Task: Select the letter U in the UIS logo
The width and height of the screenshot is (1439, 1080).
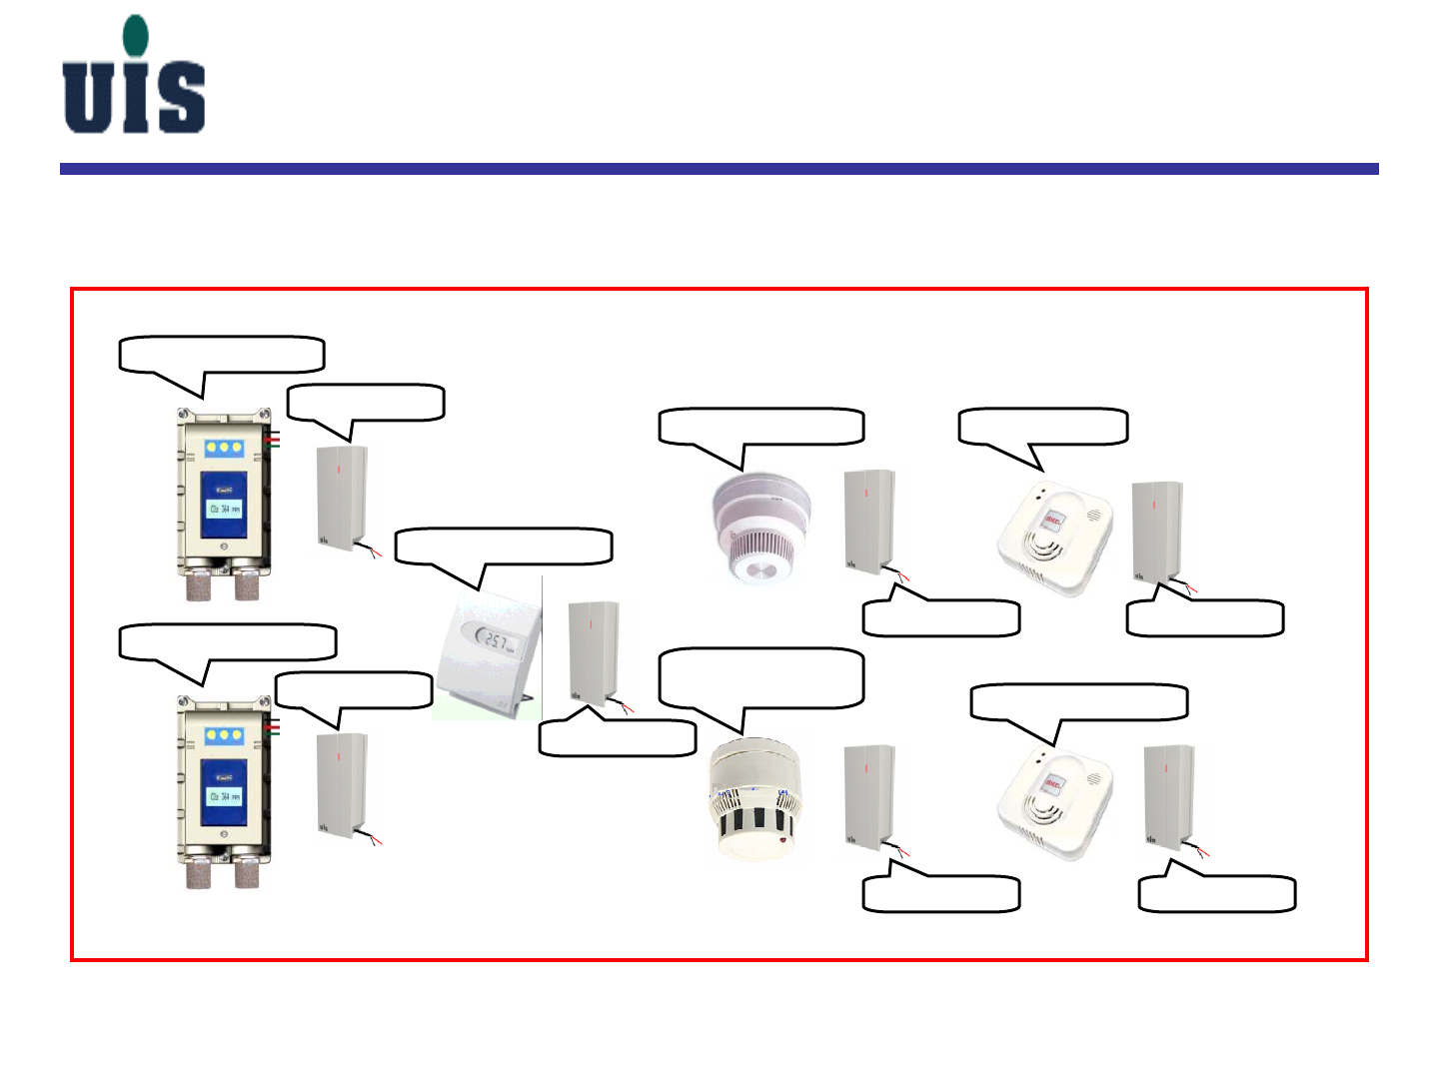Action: [x=87, y=98]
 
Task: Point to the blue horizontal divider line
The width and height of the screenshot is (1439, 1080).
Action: [x=719, y=169]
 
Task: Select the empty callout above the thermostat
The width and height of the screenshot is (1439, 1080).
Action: [x=504, y=546]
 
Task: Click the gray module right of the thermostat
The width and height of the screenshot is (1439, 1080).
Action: [x=594, y=651]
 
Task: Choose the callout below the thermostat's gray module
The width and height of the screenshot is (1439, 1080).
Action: [x=617, y=737]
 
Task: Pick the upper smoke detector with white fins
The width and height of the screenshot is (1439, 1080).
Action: [x=762, y=526]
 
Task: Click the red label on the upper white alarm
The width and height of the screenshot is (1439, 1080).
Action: [x=1053, y=520]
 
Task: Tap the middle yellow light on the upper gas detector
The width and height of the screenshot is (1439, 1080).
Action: [x=224, y=448]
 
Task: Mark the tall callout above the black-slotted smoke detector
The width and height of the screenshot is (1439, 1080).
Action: [x=760, y=678]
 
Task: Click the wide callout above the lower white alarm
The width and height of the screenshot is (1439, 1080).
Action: [x=1079, y=702]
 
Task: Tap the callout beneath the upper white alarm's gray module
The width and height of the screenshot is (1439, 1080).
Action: [x=1205, y=618]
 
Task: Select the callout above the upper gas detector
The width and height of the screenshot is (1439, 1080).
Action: [x=222, y=355]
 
